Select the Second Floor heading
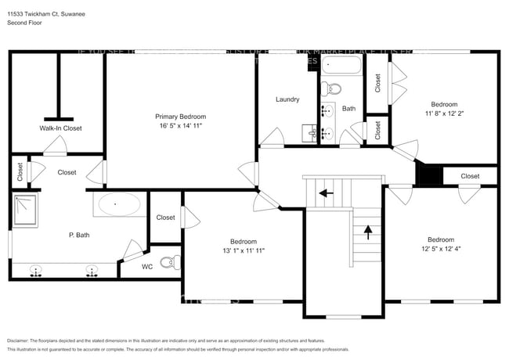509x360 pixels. pos(24,23)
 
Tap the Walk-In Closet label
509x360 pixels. pos(60,128)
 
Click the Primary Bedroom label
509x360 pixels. pos(180,116)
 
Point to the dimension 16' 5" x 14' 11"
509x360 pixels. pos(180,125)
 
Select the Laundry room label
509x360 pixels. pos(287,99)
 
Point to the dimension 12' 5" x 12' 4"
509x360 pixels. pos(441,249)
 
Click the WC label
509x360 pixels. pos(147,267)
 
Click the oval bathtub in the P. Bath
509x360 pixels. pos(117,205)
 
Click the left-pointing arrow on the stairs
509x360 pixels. pos(325,192)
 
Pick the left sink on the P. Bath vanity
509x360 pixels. pos(36,272)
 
